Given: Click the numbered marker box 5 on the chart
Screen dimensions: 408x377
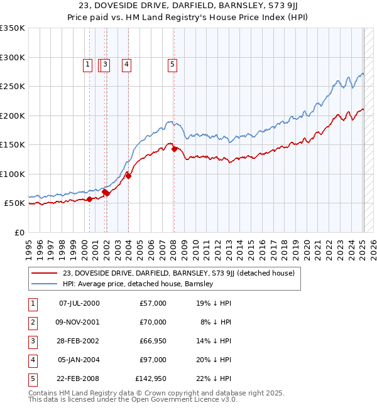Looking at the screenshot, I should tap(172, 63).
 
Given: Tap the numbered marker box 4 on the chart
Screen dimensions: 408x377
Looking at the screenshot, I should tap(126, 63).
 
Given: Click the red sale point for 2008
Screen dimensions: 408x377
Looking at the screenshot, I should tap(174, 149).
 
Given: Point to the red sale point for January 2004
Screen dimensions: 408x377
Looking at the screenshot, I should tap(128, 176).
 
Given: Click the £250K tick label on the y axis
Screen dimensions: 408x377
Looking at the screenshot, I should tap(13, 87).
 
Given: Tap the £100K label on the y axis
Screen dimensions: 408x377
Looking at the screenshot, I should tap(13, 174).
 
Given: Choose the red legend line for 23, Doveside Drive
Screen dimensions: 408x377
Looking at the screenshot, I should tap(44, 273).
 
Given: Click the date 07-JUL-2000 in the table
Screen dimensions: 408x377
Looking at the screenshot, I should tap(79, 303).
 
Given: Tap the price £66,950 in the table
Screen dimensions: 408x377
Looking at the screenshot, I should tap(150, 341).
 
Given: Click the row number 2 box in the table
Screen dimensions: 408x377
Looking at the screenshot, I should tap(31, 322).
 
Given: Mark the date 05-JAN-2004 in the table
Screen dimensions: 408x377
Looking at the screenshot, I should tap(79, 360).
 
